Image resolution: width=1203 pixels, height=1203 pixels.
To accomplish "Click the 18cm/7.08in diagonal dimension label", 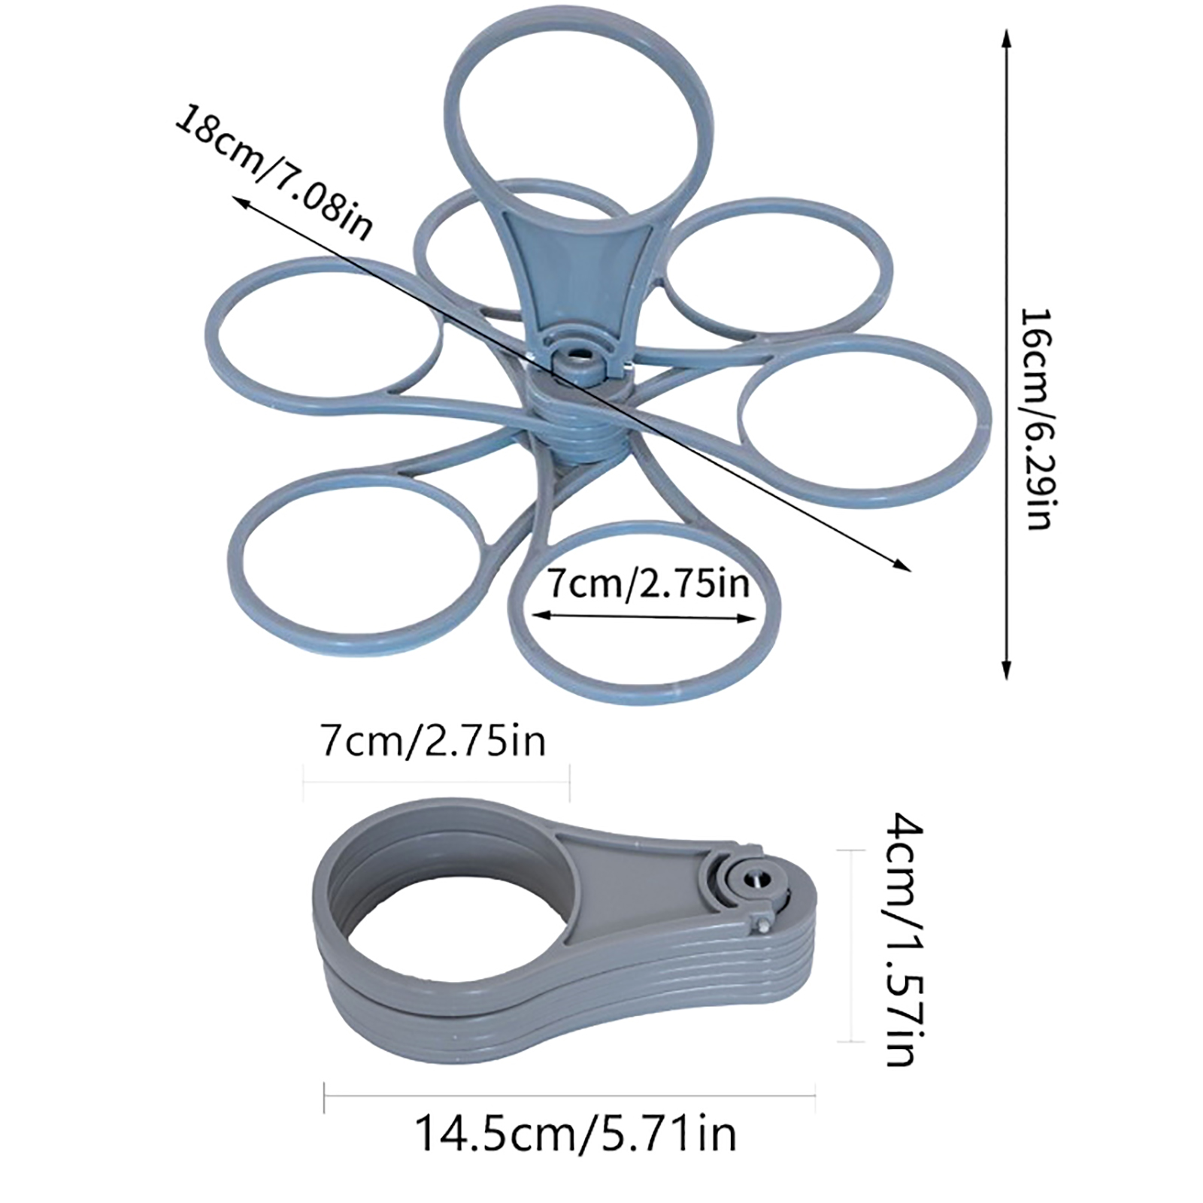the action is coord(273,174).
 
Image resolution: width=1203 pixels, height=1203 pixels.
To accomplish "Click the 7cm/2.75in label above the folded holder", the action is coord(433,741).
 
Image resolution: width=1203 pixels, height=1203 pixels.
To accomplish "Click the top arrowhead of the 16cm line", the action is coord(1007,38).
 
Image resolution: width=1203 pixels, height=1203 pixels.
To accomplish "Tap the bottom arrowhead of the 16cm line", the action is coord(1007,671).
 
